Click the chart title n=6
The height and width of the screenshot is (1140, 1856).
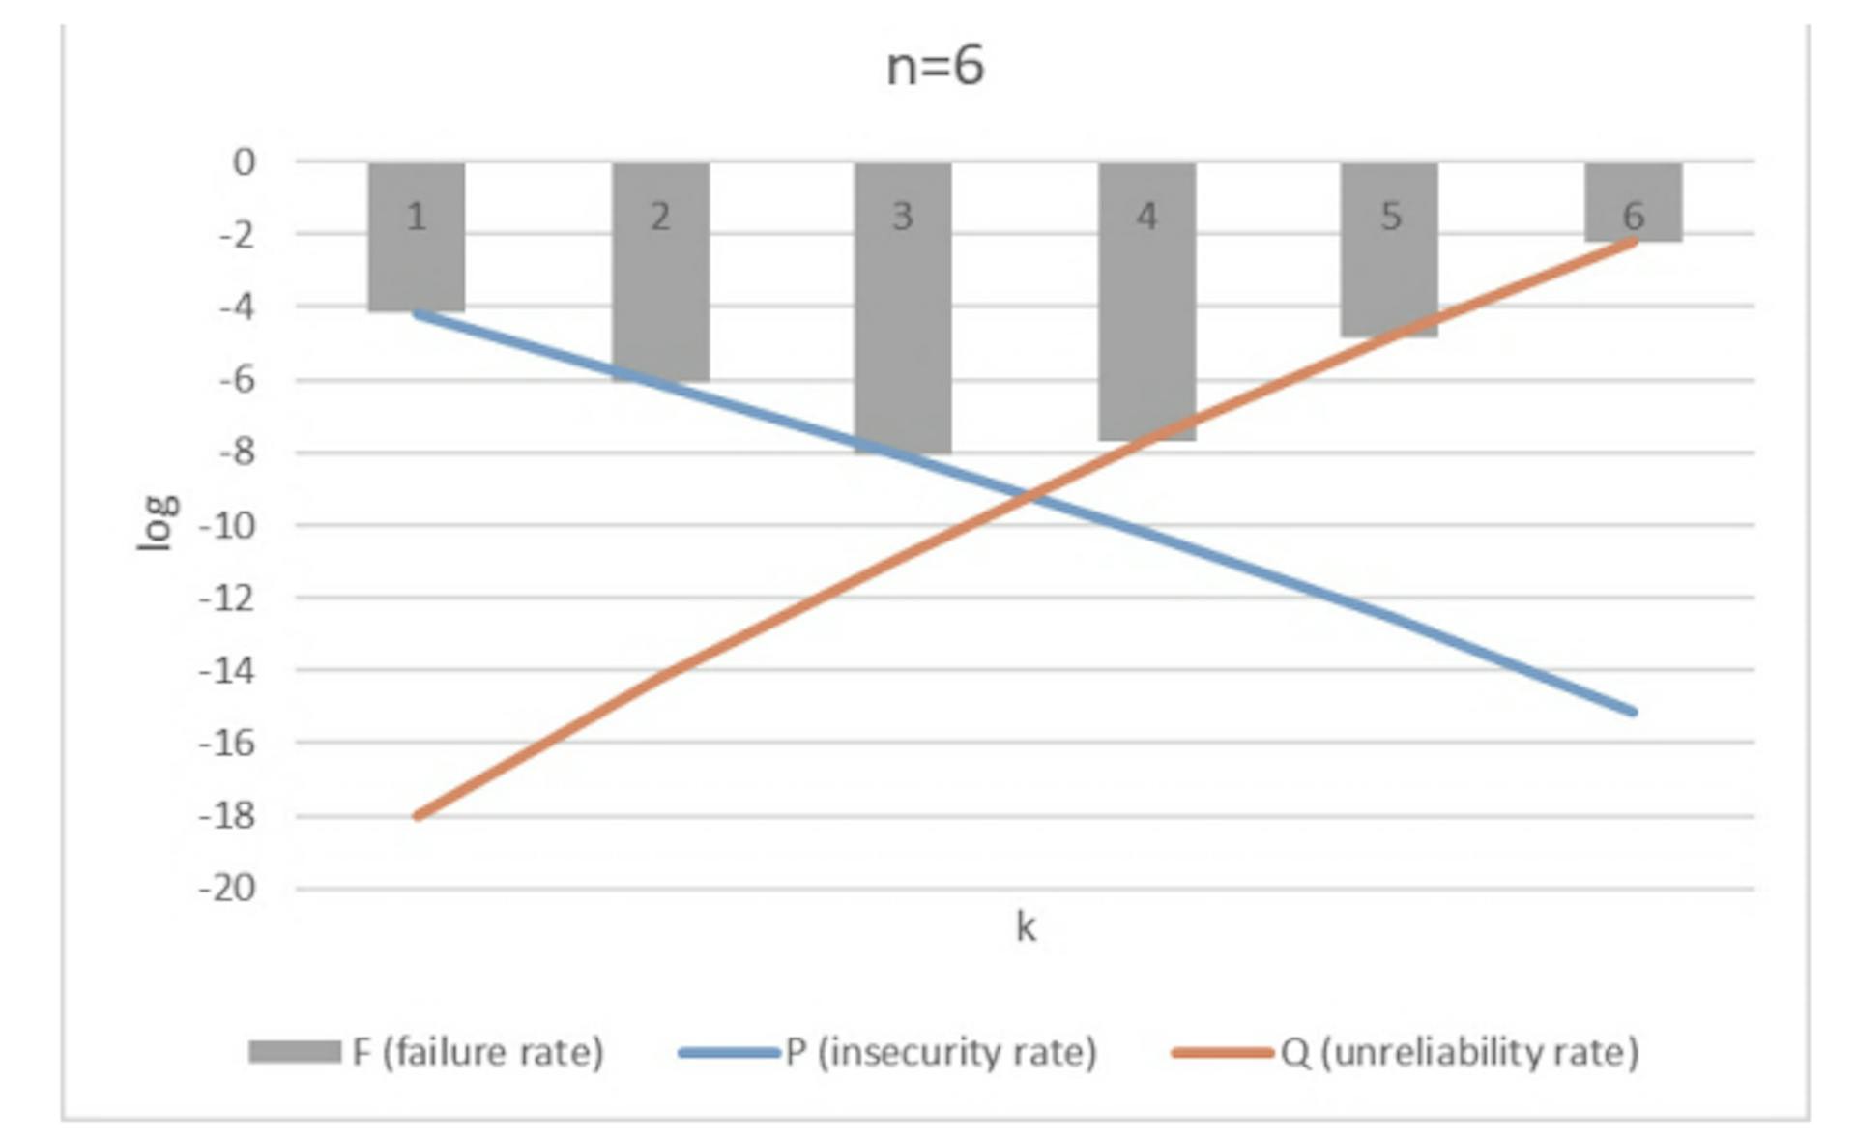click(935, 67)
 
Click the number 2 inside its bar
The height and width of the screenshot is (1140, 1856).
click(660, 217)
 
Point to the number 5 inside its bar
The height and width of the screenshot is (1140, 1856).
click(1390, 217)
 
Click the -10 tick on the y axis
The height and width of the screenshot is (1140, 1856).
click(228, 526)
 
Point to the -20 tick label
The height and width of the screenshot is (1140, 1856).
click(228, 888)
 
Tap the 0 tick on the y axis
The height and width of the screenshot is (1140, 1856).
click(244, 162)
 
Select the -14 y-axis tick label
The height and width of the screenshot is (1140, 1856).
click(228, 670)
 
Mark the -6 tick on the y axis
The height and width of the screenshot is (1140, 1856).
click(237, 380)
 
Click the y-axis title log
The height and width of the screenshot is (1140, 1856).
click(158, 523)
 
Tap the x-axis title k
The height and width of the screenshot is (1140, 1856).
click(1026, 927)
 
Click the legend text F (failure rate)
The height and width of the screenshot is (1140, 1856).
click(478, 1052)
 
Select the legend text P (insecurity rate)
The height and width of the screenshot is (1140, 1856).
click(941, 1052)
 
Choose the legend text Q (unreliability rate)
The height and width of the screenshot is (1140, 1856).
click(1460, 1052)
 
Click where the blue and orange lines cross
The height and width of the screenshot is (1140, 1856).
click(1028, 496)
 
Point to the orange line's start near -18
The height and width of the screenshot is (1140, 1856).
click(418, 816)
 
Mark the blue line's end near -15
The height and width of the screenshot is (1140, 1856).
click(1632, 712)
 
